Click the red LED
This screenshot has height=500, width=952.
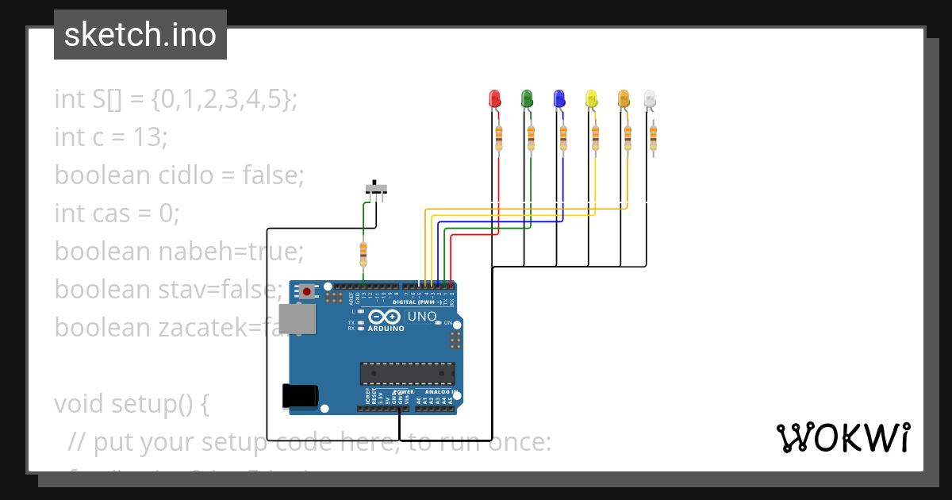pos(494,99)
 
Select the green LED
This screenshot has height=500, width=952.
pos(526,99)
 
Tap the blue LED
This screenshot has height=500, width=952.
pos(559,99)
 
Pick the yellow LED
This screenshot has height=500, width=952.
pos(591,99)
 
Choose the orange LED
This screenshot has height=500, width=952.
pos(624,99)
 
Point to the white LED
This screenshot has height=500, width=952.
pos(650,99)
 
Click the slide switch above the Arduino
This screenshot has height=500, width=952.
pos(377,188)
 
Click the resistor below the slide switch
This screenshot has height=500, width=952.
pos(363,254)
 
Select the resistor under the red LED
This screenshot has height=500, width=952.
pos(499,137)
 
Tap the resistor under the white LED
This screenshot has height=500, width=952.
pos(653,137)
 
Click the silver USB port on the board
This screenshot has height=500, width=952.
pos(297,318)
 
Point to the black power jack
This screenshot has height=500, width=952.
pos(300,395)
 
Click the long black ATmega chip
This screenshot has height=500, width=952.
pos(408,373)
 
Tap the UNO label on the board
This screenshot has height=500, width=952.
pos(422,317)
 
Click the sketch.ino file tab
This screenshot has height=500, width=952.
pos(140,35)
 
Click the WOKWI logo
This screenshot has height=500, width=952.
pos(842,437)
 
